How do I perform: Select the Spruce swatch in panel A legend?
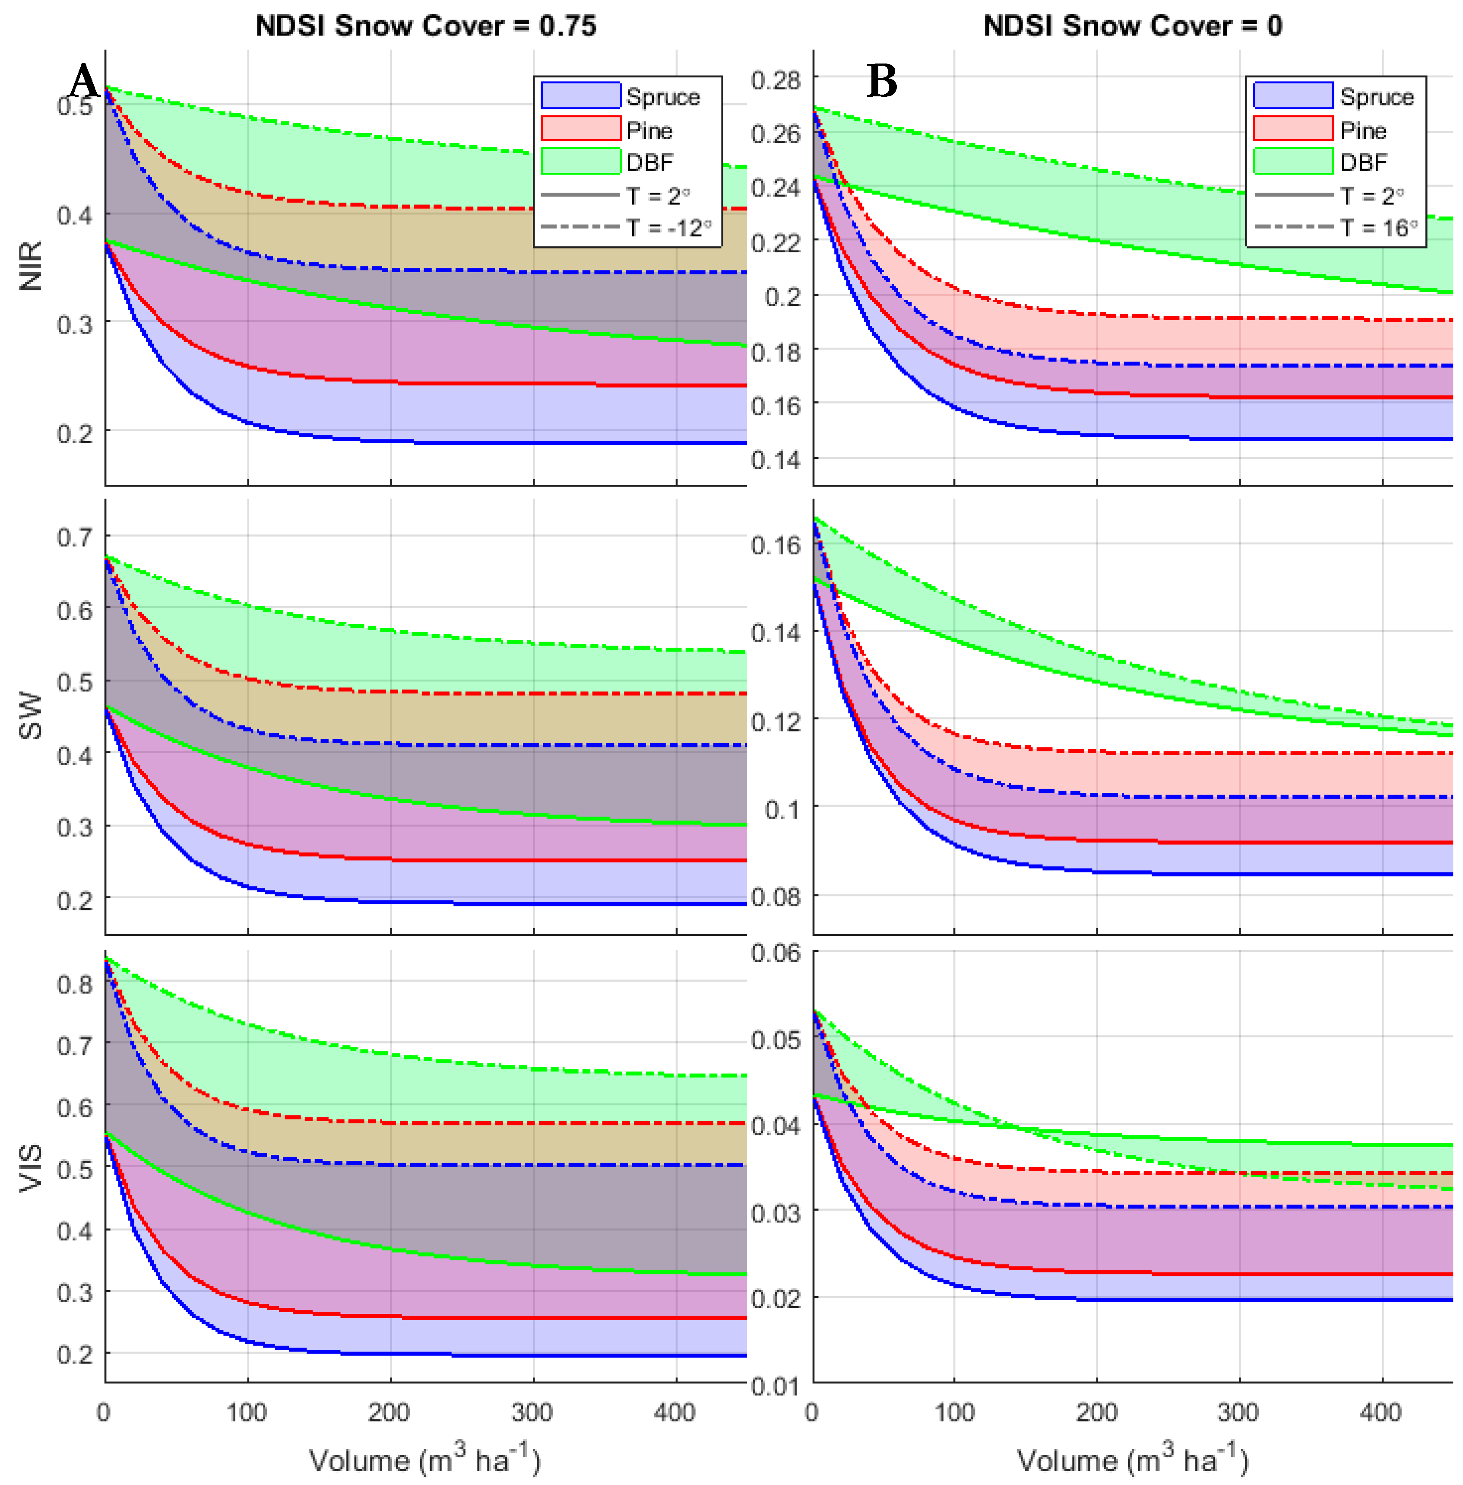click(580, 96)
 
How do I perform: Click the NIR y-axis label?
click(31, 266)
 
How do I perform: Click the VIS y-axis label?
click(31, 1168)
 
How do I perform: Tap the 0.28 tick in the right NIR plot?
click(775, 80)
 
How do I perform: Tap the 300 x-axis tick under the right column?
click(1238, 1413)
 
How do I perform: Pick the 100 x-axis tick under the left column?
click(247, 1413)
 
